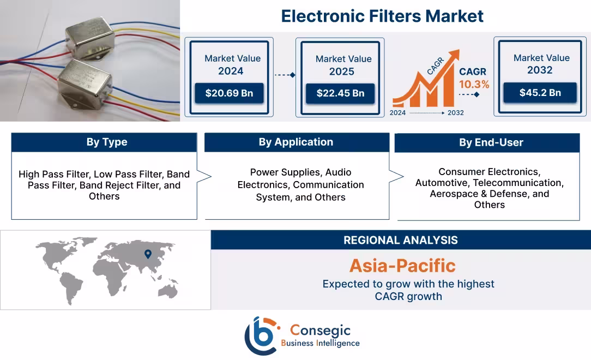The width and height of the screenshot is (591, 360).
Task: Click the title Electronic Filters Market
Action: (x=382, y=16)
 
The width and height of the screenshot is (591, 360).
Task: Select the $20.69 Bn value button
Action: (x=229, y=93)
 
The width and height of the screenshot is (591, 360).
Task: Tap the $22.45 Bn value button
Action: (x=340, y=93)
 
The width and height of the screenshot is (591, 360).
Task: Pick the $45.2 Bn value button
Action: (x=539, y=93)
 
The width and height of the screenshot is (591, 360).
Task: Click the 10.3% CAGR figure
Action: (x=474, y=85)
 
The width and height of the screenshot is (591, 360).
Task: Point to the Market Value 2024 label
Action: (x=232, y=64)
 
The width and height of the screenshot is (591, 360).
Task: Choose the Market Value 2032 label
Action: (x=541, y=64)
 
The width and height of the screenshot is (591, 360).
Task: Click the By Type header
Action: (x=106, y=142)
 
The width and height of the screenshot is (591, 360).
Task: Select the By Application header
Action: (x=295, y=142)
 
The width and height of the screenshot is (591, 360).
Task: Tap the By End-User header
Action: (x=491, y=143)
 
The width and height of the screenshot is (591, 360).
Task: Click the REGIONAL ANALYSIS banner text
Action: (x=400, y=240)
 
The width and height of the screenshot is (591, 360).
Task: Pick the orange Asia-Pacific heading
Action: (x=402, y=266)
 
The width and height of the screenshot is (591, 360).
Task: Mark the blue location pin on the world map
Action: (x=147, y=254)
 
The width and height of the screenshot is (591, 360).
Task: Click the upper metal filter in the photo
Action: (x=90, y=38)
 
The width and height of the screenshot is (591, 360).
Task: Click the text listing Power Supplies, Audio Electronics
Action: (x=300, y=184)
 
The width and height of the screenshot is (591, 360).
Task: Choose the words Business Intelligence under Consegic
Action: (x=320, y=343)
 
